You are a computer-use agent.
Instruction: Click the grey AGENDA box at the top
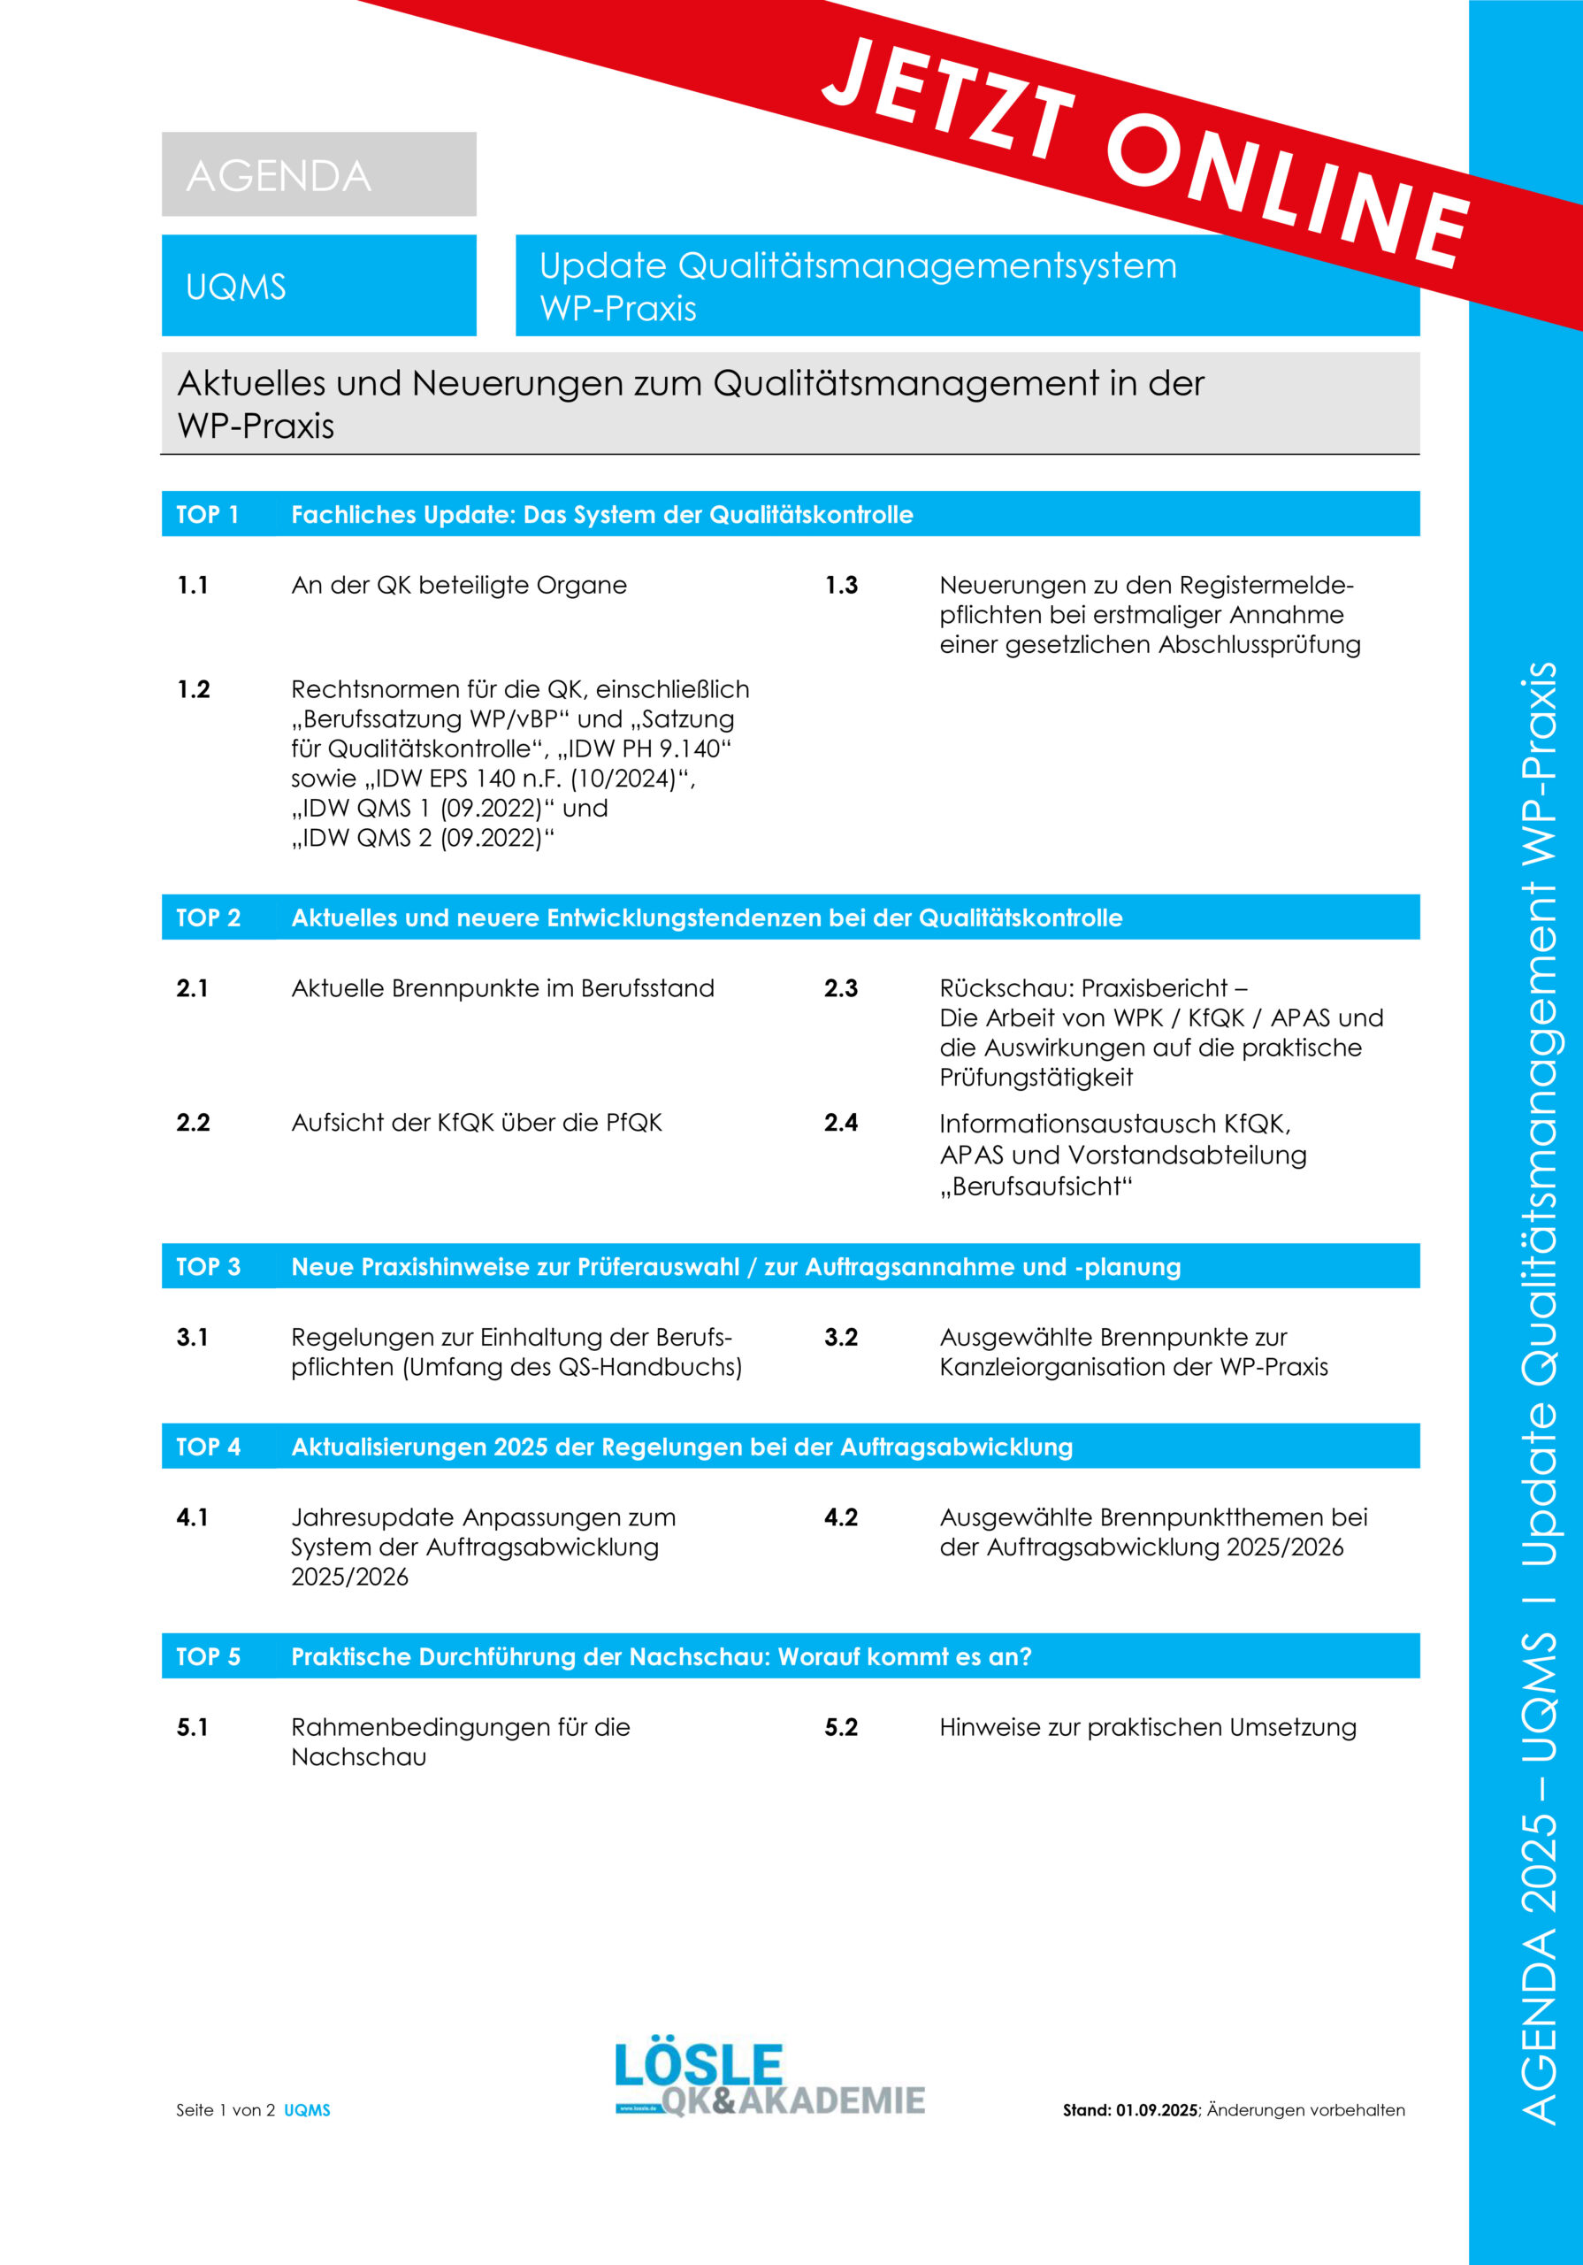317,174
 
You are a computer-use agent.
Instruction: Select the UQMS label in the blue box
236,287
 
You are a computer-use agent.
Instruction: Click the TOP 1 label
207,514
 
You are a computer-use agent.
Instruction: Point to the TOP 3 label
208,1267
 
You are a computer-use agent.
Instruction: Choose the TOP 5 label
208,1656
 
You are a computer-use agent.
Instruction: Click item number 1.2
194,688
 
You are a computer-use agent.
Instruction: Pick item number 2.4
841,1123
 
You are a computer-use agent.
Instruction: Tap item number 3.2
841,1337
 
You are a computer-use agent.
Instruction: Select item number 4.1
192,1517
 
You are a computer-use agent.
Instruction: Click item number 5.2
841,1727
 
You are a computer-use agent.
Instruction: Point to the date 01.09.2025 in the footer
1156,2110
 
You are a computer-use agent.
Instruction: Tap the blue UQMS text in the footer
307,2110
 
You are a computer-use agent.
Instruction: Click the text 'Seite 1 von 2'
226,2110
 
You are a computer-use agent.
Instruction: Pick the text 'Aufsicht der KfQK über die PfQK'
477,1123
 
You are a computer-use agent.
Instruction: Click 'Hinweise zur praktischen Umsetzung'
1147,1727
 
